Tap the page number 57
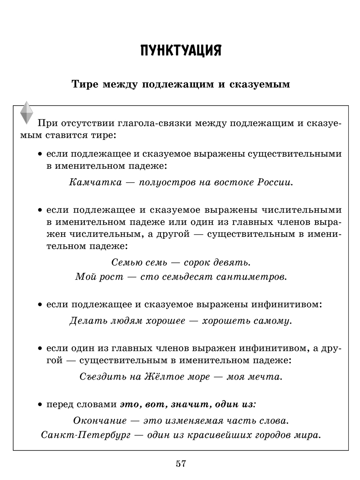coord(180,464)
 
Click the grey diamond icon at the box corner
coord(27,113)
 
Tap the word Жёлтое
coord(164,377)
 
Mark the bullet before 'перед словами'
coord(40,405)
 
